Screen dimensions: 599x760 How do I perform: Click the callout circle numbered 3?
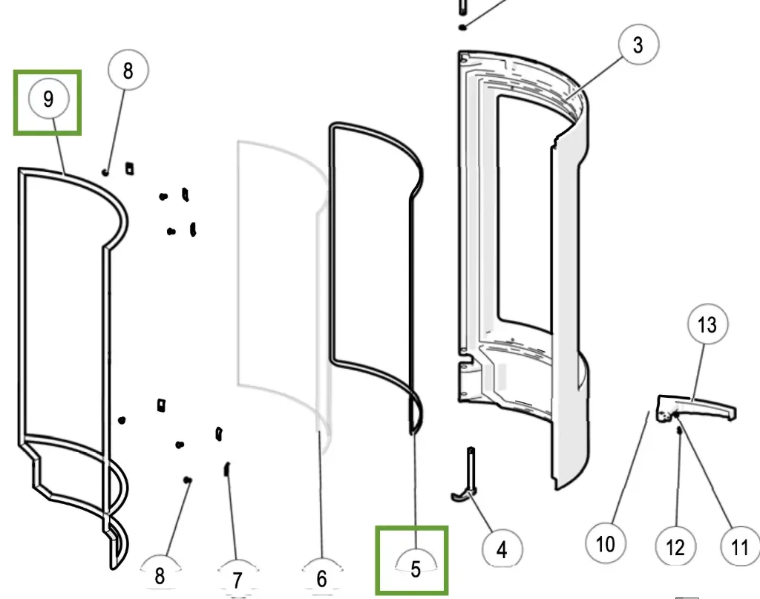click(638, 46)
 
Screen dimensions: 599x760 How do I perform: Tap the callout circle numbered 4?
click(502, 550)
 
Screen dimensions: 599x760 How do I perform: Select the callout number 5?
click(415, 568)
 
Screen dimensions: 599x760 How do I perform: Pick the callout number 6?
click(321, 576)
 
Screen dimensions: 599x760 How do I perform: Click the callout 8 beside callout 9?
click(128, 71)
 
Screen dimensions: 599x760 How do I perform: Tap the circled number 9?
click(49, 99)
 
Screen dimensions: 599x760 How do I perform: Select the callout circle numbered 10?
click(606, 543)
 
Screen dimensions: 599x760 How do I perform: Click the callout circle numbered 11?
click(739, 547)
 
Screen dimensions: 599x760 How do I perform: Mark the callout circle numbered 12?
click(675, 548)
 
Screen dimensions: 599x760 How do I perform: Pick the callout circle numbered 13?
click(707, 324)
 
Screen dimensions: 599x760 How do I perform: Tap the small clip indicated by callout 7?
click(227, 470)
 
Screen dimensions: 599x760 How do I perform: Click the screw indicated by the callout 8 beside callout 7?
click(188, 480)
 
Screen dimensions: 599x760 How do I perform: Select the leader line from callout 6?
click(321, 497)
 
